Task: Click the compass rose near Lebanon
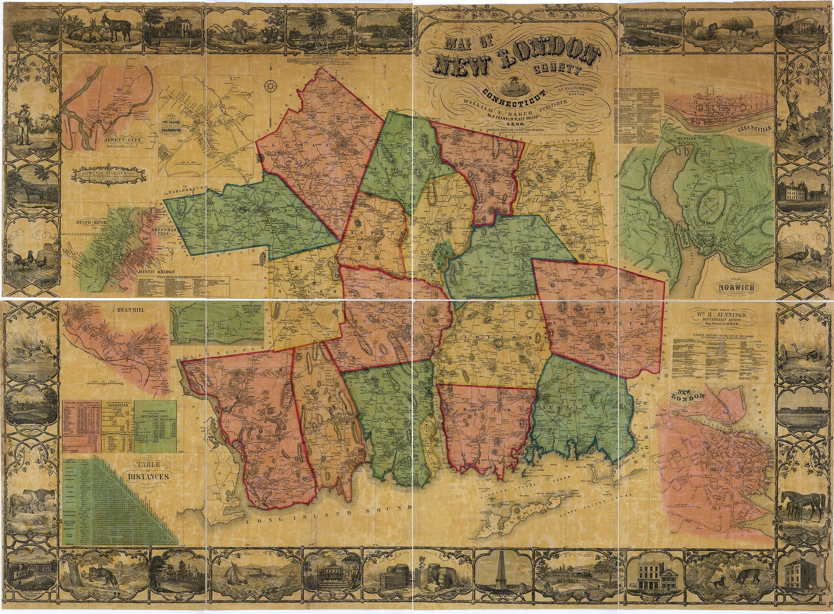coord(270,86)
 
